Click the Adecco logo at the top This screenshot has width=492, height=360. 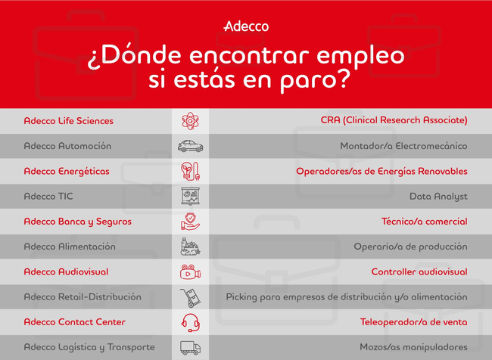point(246,26)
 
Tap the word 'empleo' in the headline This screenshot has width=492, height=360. point(360,57)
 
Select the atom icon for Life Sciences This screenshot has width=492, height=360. point(190,121)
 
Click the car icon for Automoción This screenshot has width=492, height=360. point(190,146)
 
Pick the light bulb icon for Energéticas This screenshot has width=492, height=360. point(190,171)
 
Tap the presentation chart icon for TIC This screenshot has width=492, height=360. point(190,197)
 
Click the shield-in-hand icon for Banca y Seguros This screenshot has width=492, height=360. point(190,222)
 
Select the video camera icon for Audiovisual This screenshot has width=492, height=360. point(190,272)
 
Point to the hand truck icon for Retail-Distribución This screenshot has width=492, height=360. point(190,297)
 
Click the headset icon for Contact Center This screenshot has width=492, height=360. point(191,323)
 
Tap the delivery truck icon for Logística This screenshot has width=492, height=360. point(190,348)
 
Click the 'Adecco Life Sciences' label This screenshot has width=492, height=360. point(69,121)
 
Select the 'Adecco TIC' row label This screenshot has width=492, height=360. point(48,197)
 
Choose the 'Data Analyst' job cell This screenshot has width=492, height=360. point(438,197)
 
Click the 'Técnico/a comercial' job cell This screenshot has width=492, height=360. point(425,222)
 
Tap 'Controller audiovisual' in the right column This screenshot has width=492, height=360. point(419,272)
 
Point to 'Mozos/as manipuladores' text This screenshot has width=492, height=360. point(413,347)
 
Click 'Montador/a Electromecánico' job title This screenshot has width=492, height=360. point(404,146)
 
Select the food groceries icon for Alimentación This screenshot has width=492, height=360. point(190,247)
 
